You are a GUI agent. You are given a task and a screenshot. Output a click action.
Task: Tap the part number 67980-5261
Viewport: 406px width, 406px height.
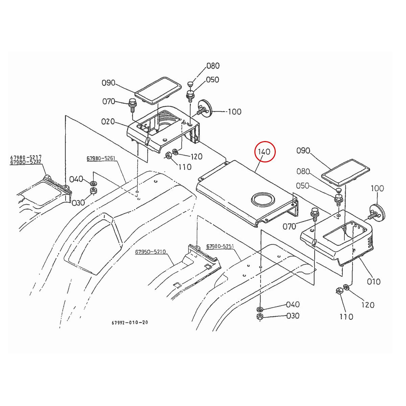coord(101,158)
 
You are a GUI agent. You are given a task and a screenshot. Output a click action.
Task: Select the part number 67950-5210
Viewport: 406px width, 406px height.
coord(151,252)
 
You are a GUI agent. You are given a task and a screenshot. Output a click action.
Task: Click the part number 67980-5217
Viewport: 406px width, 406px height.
coord(26,158)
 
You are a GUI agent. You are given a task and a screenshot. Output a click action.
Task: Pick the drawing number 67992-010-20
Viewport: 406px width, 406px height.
coord(130,322)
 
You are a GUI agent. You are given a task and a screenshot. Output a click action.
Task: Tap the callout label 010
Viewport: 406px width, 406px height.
coord(374,281)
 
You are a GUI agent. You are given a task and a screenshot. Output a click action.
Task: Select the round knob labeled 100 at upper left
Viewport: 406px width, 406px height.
coord(205,107)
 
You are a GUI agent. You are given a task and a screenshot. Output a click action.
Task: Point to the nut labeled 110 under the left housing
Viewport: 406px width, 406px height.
coord(167,156)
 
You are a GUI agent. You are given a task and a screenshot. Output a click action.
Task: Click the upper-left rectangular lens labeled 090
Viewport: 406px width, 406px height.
coord(157,89)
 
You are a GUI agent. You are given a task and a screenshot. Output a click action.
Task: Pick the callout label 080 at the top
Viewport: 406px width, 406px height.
coord(213,66)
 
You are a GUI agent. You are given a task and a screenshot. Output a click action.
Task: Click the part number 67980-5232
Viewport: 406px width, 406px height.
coord(26,162)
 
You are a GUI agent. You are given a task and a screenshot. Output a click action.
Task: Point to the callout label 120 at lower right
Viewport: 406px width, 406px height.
coord(367,305)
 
